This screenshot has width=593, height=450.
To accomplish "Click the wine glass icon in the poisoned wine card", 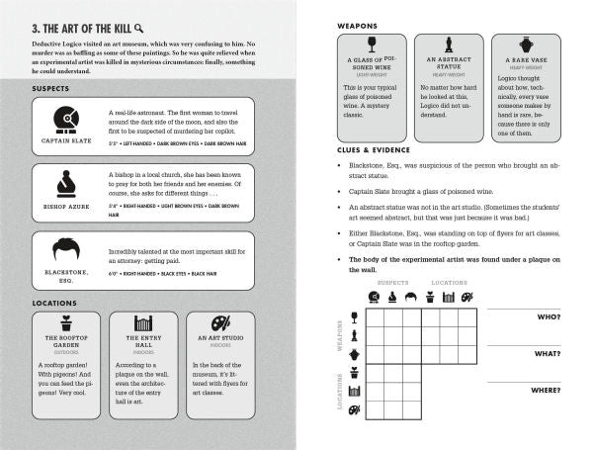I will coord(372,45).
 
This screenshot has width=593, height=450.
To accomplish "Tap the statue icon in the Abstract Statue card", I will coord(448,45).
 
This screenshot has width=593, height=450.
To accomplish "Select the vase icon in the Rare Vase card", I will coord(525,45).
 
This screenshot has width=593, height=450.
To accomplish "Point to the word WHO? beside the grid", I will coord(547,316).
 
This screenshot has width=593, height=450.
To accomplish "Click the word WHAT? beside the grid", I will coord(546,353).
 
